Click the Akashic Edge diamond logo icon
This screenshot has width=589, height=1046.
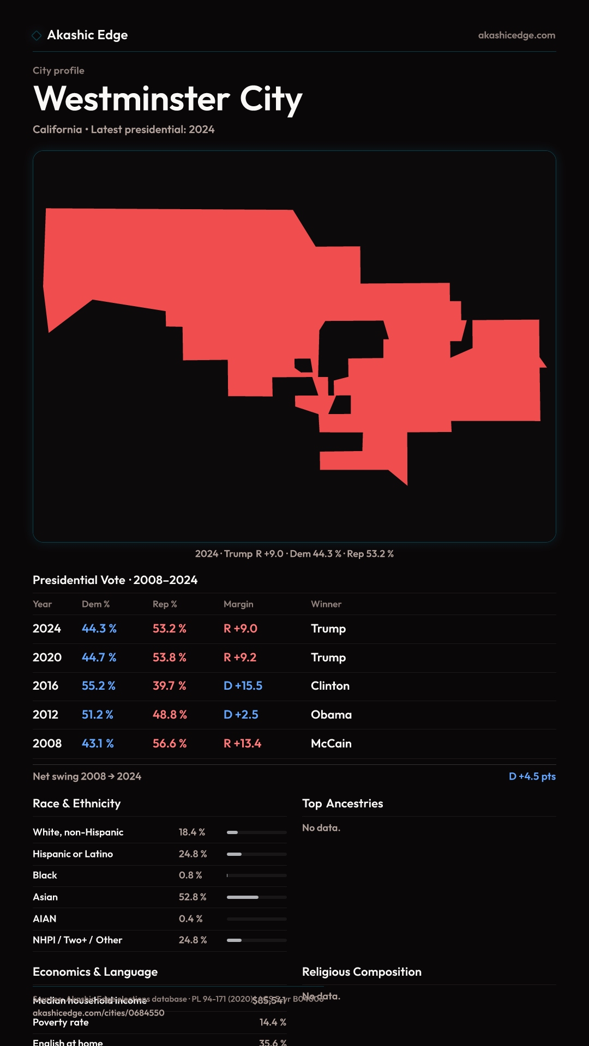point(37,35)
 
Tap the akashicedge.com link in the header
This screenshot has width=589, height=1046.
point(516,35)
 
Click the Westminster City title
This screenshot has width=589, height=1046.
point(168,99)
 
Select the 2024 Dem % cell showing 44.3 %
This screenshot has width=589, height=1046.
point(99,629)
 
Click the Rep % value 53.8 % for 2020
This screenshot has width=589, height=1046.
point(170,658)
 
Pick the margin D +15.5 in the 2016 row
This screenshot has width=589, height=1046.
point(243,686)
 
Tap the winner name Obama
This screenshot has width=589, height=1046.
point(331,715)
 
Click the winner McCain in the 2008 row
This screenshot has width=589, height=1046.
point(331,744)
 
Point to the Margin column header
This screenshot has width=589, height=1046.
point(238,604)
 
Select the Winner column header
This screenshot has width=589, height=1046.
point(326,604)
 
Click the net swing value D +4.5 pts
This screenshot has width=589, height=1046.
point(532,776)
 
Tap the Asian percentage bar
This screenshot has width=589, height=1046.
point(256,897)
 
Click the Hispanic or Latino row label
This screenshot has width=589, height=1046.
point(73,854)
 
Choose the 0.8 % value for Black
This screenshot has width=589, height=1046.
point(190,875)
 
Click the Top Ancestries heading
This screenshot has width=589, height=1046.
point(342,804)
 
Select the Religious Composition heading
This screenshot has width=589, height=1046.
point(362,972)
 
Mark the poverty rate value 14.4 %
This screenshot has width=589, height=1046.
point(273,1023)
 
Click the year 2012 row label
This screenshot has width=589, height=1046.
point(45,715)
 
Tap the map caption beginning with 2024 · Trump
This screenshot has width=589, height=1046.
point(294,554)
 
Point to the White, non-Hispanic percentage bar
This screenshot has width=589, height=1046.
point(256,832)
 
